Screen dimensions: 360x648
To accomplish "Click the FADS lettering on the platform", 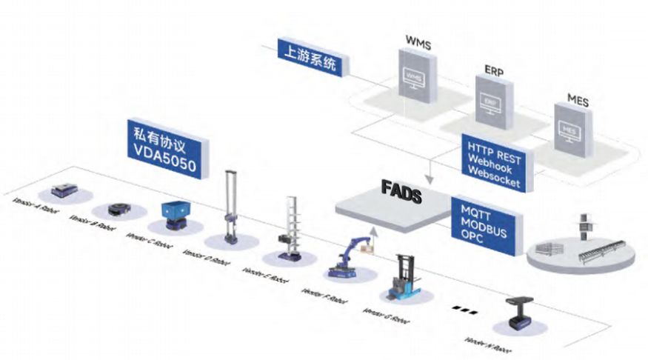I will pos(401,196).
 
